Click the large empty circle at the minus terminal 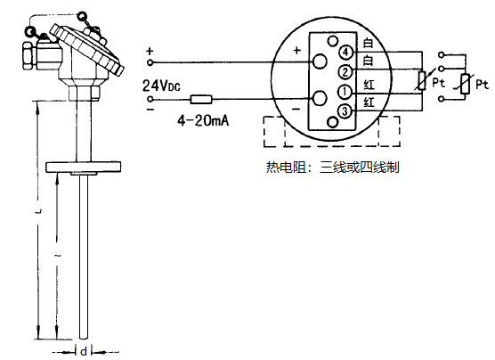[319, 99]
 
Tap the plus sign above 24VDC [150, 51]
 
